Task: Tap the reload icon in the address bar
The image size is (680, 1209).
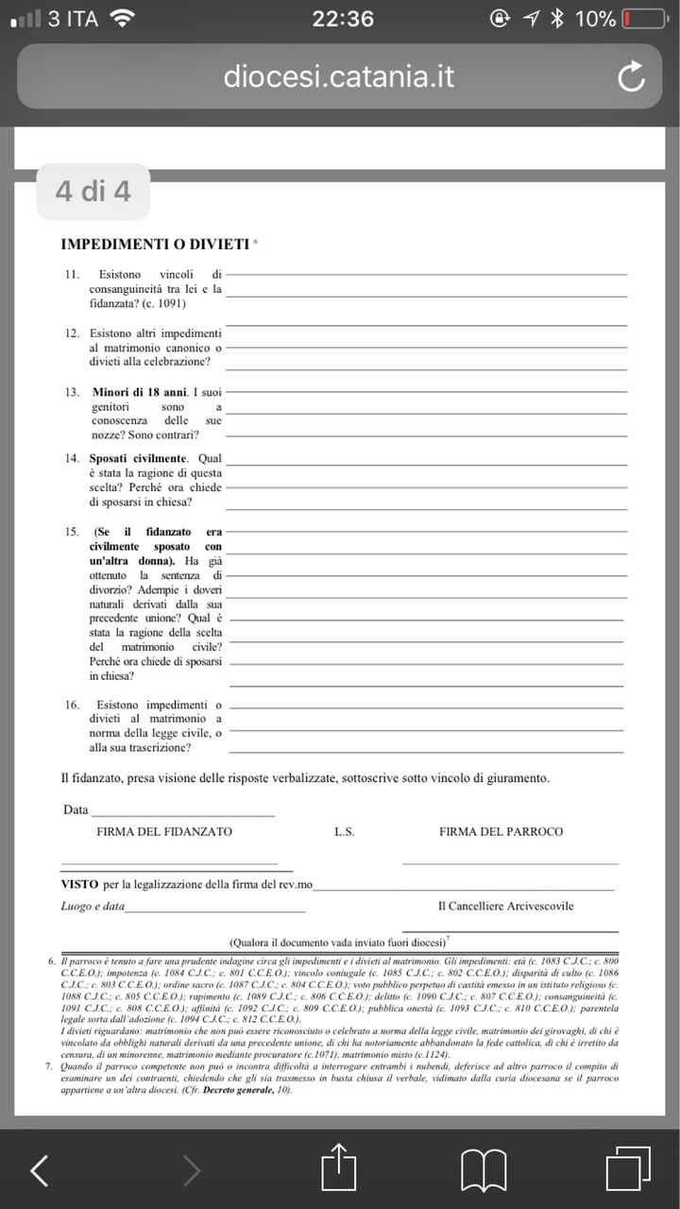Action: pyautogui.click(x=630, y=77)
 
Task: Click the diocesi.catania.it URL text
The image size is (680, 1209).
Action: pyautogui.click(x=339, y=77)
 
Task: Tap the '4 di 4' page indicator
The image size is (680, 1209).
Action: pyautogui.click(x=93, y=192)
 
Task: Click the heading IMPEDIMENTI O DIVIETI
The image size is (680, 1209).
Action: pyautogui.click(x=156, y=245)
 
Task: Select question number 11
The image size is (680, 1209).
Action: pyautogui.click(x=72, y=275)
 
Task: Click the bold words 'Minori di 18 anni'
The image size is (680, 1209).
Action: pyautogui.click(x=139, y=391)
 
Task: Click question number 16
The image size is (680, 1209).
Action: pyautogui.click(x=72, y=706)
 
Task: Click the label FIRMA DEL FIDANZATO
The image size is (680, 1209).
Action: pyautogui.click(x=164, y=832)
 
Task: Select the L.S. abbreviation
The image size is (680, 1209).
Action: pyautogui.click(x=344, y=832)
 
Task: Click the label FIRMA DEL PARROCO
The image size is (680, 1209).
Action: pyautogui.click(x=501, y=832)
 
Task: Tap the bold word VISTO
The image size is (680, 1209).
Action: pyautogui.click(x=79, y=884)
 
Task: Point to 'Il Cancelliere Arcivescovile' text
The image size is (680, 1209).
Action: pyautogui.click(x=505, y=907)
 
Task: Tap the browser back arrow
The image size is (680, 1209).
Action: pyautogui.click(x=40, y=1170)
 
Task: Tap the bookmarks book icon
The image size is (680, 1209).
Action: pyautogui.click(x=484, y=1170)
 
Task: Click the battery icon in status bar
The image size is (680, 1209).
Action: pyautogui.click(x=644, y=18)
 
